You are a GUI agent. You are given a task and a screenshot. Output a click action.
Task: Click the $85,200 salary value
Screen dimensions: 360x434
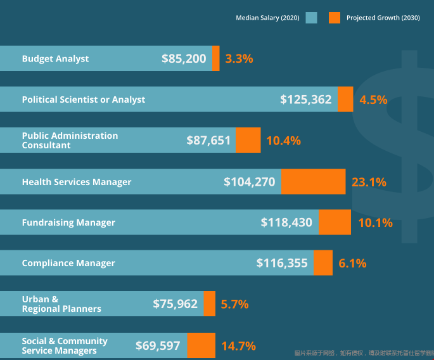[184, 59]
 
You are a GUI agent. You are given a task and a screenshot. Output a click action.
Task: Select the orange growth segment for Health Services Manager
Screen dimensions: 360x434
[313, 182]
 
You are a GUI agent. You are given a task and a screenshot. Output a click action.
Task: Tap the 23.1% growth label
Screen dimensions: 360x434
[369, 183]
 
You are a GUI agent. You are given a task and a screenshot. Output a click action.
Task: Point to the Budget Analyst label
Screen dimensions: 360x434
[55, 59]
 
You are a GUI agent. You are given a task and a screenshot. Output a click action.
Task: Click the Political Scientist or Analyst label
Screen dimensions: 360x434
[83, 100]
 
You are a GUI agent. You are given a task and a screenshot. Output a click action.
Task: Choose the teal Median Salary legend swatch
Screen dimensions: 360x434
[311, 18]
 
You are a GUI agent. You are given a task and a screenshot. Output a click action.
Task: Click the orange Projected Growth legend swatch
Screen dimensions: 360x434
[335, 18]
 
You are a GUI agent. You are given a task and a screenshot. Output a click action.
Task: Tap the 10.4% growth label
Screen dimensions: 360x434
[283, 141]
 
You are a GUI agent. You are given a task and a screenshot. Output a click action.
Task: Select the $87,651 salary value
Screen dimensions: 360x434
[208, 141]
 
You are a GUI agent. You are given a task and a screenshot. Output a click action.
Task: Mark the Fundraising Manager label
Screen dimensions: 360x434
[68, 222]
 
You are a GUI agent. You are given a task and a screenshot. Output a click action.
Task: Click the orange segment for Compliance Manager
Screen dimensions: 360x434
[323, 263]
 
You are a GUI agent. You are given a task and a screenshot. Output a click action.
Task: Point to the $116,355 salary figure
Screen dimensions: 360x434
[282, 263]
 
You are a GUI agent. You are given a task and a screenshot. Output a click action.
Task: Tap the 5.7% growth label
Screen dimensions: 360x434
[234, 304]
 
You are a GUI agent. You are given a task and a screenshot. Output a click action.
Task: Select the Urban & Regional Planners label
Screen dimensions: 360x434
[61, 304]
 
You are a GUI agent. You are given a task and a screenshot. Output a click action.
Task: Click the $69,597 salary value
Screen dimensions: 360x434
[158, 346]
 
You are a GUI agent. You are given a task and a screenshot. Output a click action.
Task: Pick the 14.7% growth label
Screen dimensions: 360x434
[238, 346]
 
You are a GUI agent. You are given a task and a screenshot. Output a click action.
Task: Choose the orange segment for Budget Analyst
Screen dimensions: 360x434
[216, 58]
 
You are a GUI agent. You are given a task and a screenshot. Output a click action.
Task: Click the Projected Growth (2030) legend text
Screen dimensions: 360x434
[382, 18]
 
